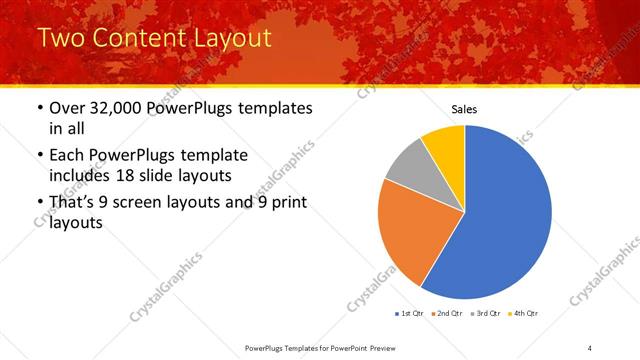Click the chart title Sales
(x=465, y=108)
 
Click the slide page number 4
(x=590, y=347)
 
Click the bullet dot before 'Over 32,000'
(x=39, y=108)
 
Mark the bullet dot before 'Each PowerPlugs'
(x=39, y=155)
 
